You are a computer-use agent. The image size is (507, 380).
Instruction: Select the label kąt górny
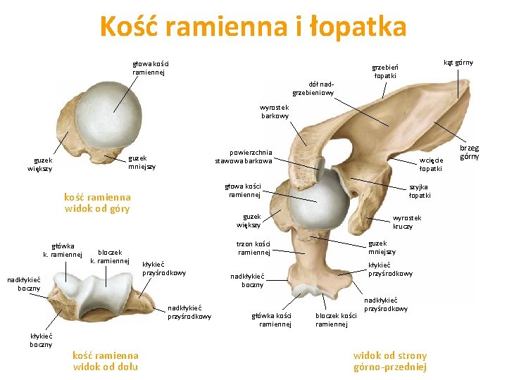(458, 63)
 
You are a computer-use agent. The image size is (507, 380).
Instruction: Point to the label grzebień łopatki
(384, 72)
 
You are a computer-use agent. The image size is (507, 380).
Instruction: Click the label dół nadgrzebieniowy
(313, 88)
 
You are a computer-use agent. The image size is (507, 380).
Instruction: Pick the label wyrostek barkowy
(274, 111)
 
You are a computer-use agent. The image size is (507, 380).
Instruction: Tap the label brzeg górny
(469, 153)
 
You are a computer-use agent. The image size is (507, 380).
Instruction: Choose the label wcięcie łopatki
(430, 165)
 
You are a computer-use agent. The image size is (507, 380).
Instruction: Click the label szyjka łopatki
(420, 191)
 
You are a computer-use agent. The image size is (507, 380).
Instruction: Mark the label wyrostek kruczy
(406, 222)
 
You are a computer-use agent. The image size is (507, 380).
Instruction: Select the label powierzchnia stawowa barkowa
(244, 156)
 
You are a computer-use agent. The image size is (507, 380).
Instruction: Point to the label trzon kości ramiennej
(254, 248)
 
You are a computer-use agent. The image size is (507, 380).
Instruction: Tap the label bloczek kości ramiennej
(336, 320)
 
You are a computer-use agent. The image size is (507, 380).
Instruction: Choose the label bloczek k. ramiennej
(110, 256)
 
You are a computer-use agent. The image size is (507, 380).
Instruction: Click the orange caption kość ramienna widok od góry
(97, 203)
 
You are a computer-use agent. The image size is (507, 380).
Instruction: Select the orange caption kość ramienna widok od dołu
(106, 361)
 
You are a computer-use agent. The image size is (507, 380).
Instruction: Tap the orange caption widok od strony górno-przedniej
(389, 361)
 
